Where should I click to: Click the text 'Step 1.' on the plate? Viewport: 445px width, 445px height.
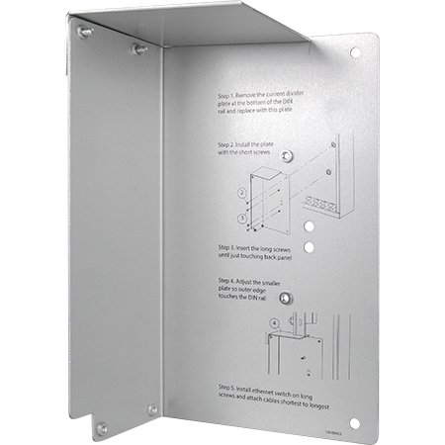(224, 99)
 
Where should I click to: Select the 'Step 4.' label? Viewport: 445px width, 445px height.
(224, 281)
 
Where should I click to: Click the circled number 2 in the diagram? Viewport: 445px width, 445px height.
(241, 193)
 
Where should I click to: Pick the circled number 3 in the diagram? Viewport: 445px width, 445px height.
(241, 217)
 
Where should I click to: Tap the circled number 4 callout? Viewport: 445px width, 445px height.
(274, 322)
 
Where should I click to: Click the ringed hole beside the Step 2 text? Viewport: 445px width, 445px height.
(287, 156)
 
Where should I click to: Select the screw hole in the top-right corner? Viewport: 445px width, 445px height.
(355, 51)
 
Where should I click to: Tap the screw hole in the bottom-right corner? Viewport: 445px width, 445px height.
(352, 424)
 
